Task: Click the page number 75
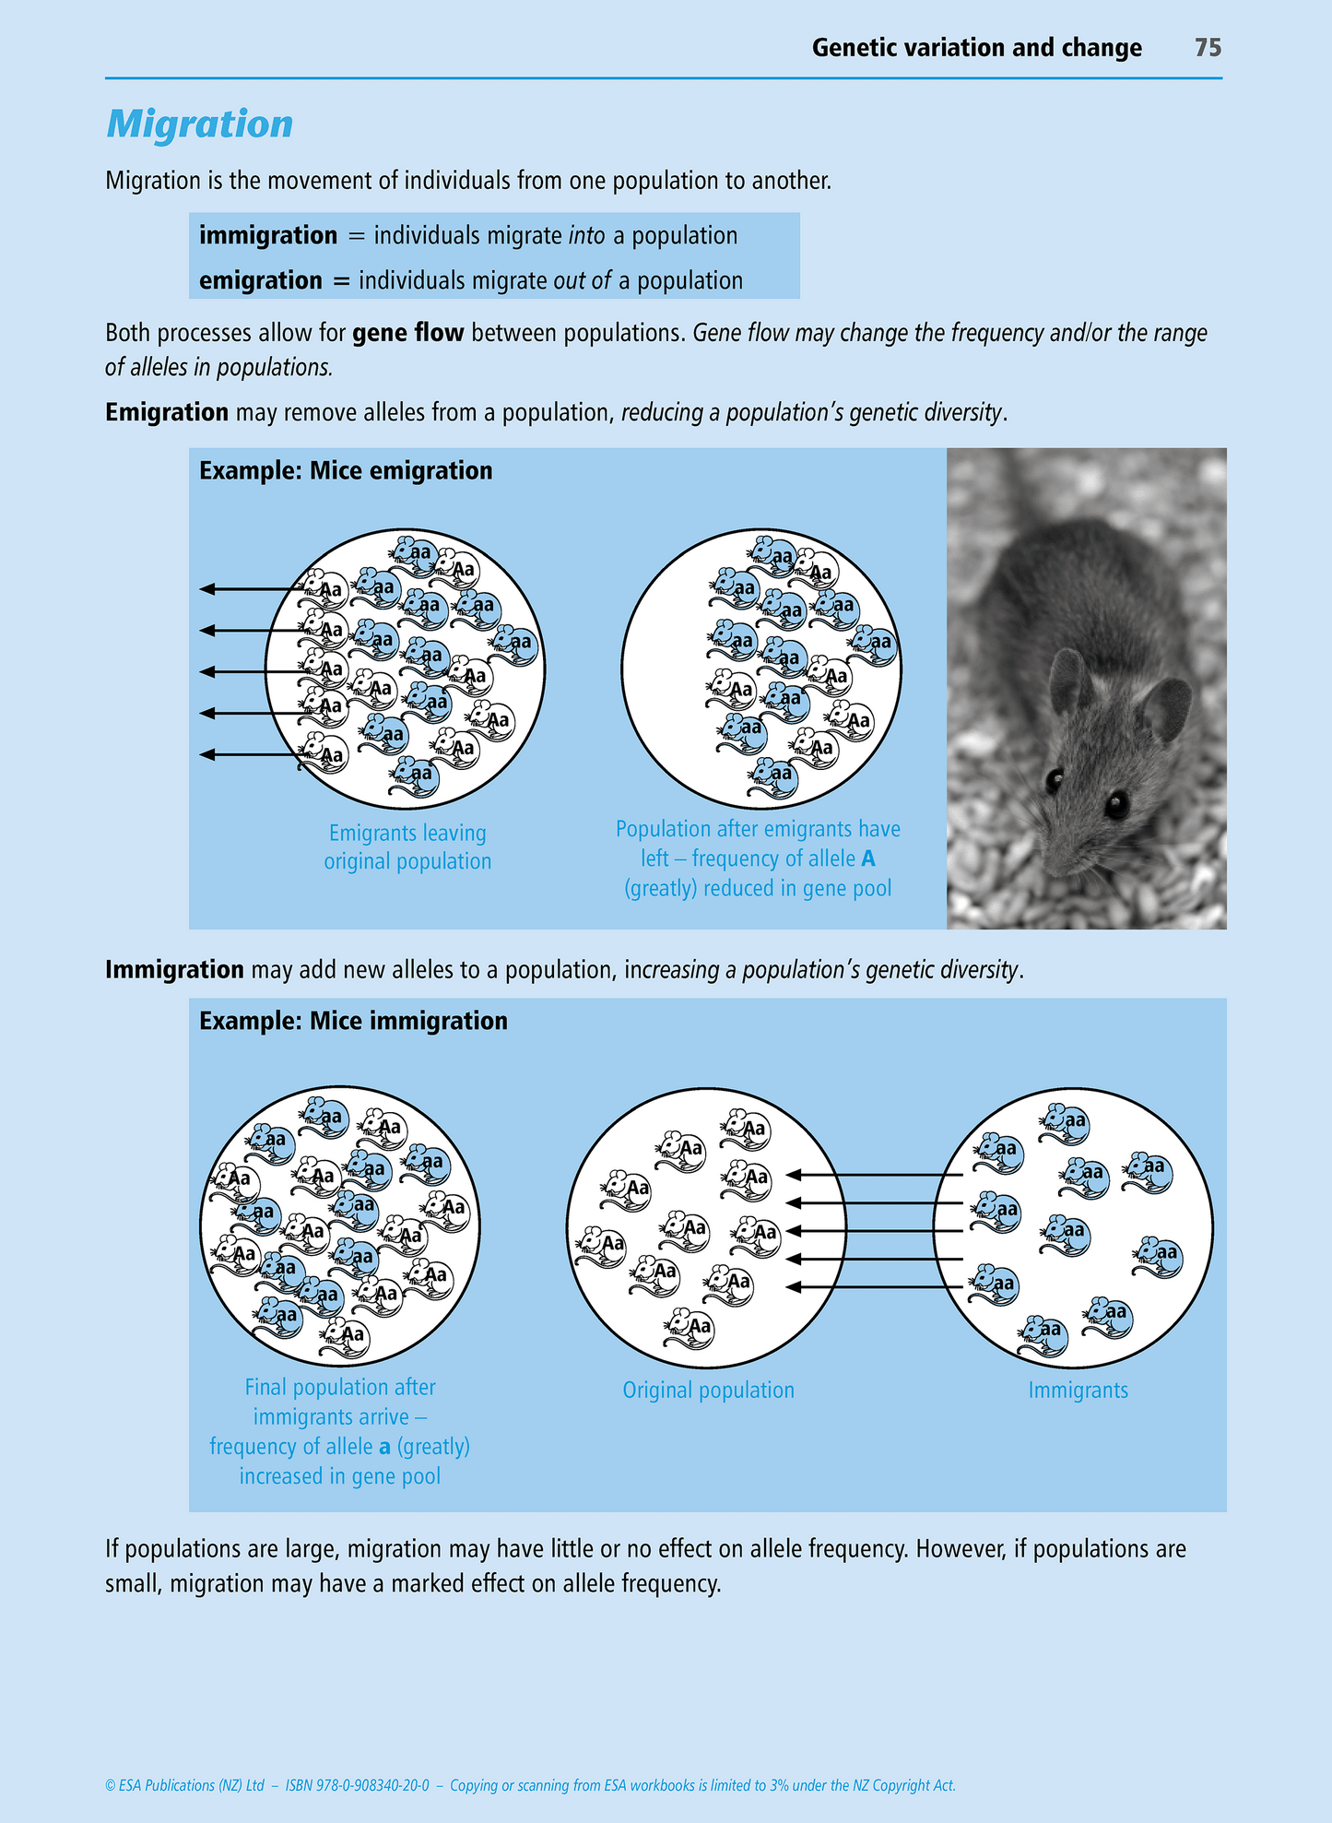pyautogui.click(x=1208, y=48)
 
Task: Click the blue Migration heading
pyautogui.click(x=200, y=124)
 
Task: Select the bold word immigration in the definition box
pyautogui.click(x=268, y=236)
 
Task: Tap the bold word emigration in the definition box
pyautogui.click(x=261, y=281)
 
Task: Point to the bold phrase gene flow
pyautogui.click(x=407, y=333)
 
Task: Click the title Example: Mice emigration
pyautogui.click(x=346, y=471)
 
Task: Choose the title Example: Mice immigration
pyautogui.click(x=353, y=1022)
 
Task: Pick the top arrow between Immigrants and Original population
pyautogui.click(x=876, y=1175)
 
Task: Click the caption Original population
pyautogui.click(x=708, y=1391)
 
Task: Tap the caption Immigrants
pyautogui.click(x=1078, y=1391)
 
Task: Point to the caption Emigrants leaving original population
pyautogui.click(x=407, y=847)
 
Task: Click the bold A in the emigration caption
pyautogui.click(x=867, y=859)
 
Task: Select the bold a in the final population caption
pyautogui.click(x=384, y=1447)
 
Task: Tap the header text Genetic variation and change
pyautogui.click(x=976, y=48)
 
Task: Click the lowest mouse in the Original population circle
pyautogui.click(x=691, y=1326)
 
